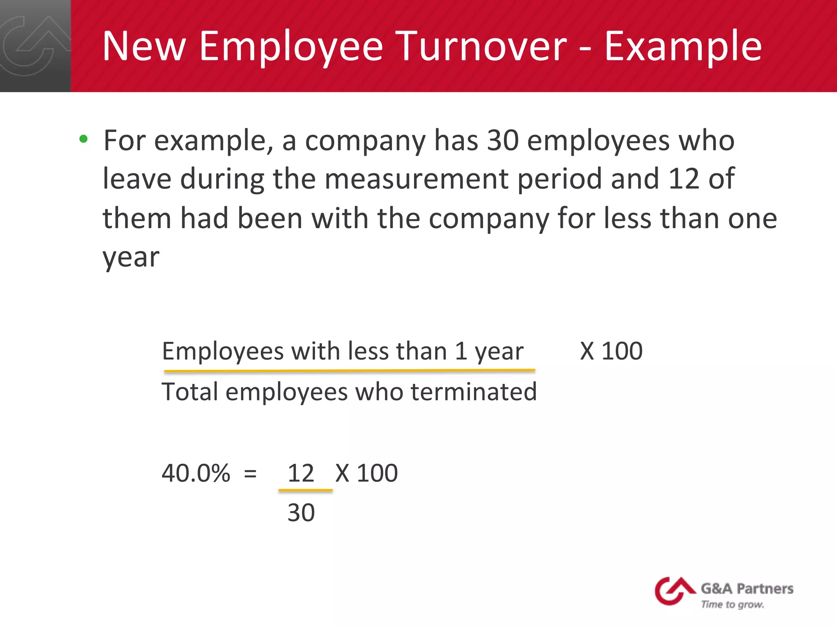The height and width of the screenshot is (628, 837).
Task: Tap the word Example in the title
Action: point(683,47)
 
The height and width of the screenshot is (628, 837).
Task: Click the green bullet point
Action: point(84,139)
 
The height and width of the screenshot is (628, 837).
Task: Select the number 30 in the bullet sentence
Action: point(503,140)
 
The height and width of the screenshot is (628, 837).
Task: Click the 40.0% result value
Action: point(196,473)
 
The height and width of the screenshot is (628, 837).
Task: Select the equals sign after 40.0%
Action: point(250,474)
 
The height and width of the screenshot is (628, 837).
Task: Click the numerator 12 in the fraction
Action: point(301,473)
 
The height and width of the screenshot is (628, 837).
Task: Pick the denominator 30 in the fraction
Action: point(301,513)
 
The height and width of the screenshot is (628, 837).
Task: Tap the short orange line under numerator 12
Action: point(305,490)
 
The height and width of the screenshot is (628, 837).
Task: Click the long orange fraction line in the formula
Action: point(349,371)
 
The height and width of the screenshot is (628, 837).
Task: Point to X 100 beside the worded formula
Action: point(611,351)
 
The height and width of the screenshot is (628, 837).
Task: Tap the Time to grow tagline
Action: point(732,604)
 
